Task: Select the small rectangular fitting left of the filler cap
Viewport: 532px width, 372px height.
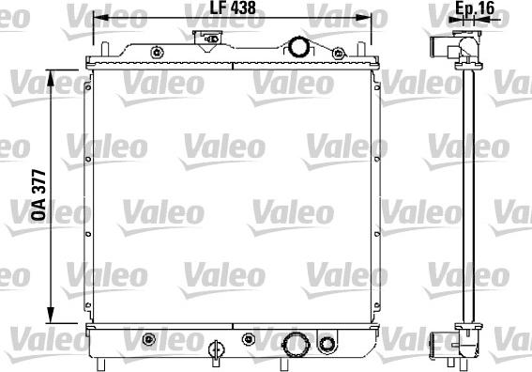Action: (204, 38)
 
